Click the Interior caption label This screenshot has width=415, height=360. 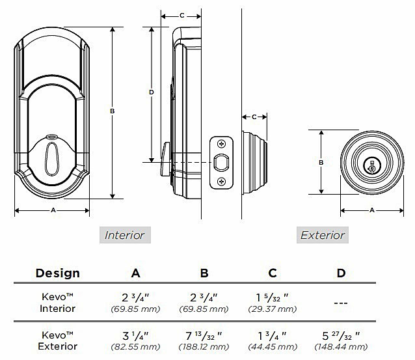[x=125, y=235]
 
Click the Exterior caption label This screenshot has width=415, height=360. [x=322, y=235]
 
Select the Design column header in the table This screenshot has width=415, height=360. [x=57, y=273]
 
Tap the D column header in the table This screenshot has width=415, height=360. [x=341, y=273]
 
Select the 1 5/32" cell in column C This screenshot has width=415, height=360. [x=273, y=298]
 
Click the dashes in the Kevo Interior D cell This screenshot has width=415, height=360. [x=341, y=302]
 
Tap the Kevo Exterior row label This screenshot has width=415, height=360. [x=57, y=342]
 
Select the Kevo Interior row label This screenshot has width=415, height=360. [x=57, y=303]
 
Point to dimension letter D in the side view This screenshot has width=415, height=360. [x=151, y=92]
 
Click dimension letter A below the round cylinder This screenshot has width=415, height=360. [x=372, y=210]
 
